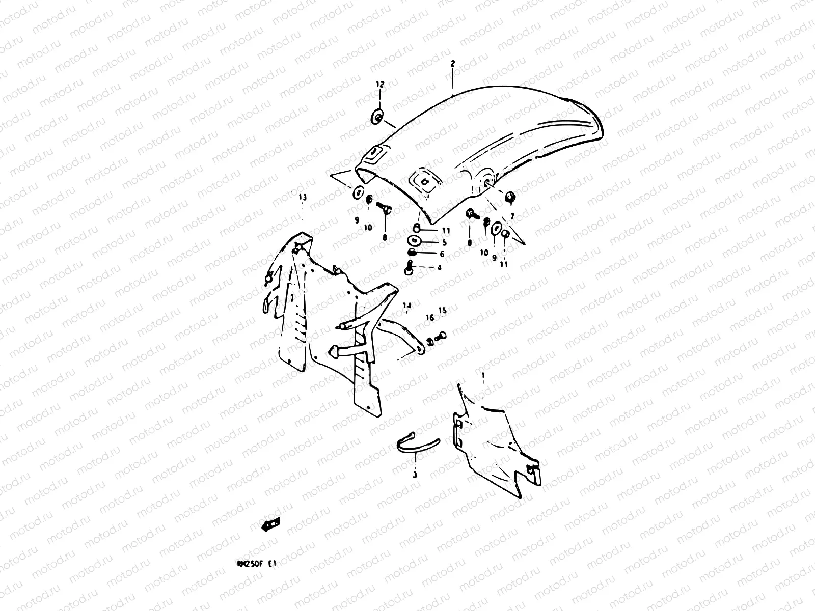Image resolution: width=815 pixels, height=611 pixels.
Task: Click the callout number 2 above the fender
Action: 452,64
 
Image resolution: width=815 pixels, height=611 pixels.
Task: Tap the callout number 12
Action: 380,84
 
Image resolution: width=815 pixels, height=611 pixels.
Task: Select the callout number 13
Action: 303,197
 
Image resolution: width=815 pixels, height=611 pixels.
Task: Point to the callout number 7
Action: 512,216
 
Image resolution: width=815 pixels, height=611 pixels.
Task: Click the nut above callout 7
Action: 510,197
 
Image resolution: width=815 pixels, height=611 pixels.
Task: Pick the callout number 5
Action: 444,242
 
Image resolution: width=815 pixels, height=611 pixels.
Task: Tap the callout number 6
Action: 442,254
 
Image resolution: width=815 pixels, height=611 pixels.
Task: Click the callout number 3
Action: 415,475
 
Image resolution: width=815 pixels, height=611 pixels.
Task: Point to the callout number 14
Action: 406,306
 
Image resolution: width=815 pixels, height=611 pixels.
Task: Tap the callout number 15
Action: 442,310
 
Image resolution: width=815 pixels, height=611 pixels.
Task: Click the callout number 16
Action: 429,318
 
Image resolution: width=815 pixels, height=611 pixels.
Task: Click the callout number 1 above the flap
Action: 483,375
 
